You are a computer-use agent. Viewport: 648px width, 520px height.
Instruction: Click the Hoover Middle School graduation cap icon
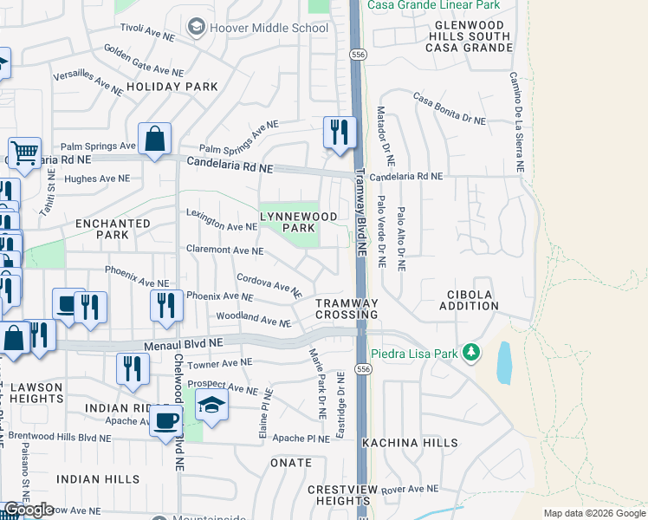click(197, 29)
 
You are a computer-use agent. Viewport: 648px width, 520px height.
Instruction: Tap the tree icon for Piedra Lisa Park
click(470, 353)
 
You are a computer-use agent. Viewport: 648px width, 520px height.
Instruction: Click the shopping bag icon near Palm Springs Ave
click(154, 139)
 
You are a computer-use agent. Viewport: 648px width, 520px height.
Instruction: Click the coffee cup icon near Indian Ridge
click(165, 421)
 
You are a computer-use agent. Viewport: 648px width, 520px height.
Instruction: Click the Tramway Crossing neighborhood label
click(347, 309)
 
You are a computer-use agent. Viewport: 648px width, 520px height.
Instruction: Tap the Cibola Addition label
click(470, 300)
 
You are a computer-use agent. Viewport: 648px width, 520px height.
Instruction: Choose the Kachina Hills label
click(410, 443)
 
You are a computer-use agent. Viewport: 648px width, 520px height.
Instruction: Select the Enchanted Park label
click(113, 229)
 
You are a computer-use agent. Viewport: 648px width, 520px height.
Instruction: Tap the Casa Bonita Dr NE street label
click(449, 109)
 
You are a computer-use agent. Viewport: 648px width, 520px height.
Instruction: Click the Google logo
click(29, 510)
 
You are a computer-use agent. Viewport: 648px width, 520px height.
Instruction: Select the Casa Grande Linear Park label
click(433, 5)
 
